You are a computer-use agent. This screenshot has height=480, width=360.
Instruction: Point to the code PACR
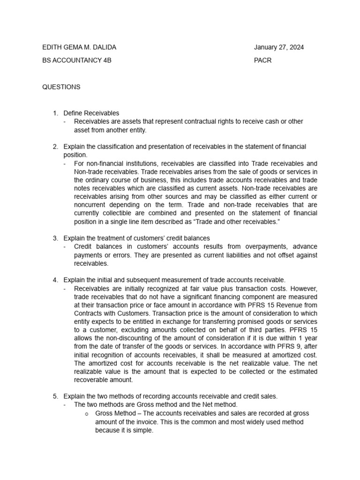pos(263,60)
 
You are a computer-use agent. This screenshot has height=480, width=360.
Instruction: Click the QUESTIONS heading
pos(61,87)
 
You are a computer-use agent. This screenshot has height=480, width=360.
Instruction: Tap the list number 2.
pos(55,147)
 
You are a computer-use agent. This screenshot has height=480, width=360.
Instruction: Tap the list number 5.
pos(55,396)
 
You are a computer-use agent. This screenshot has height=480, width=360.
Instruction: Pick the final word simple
pos(143,430)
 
